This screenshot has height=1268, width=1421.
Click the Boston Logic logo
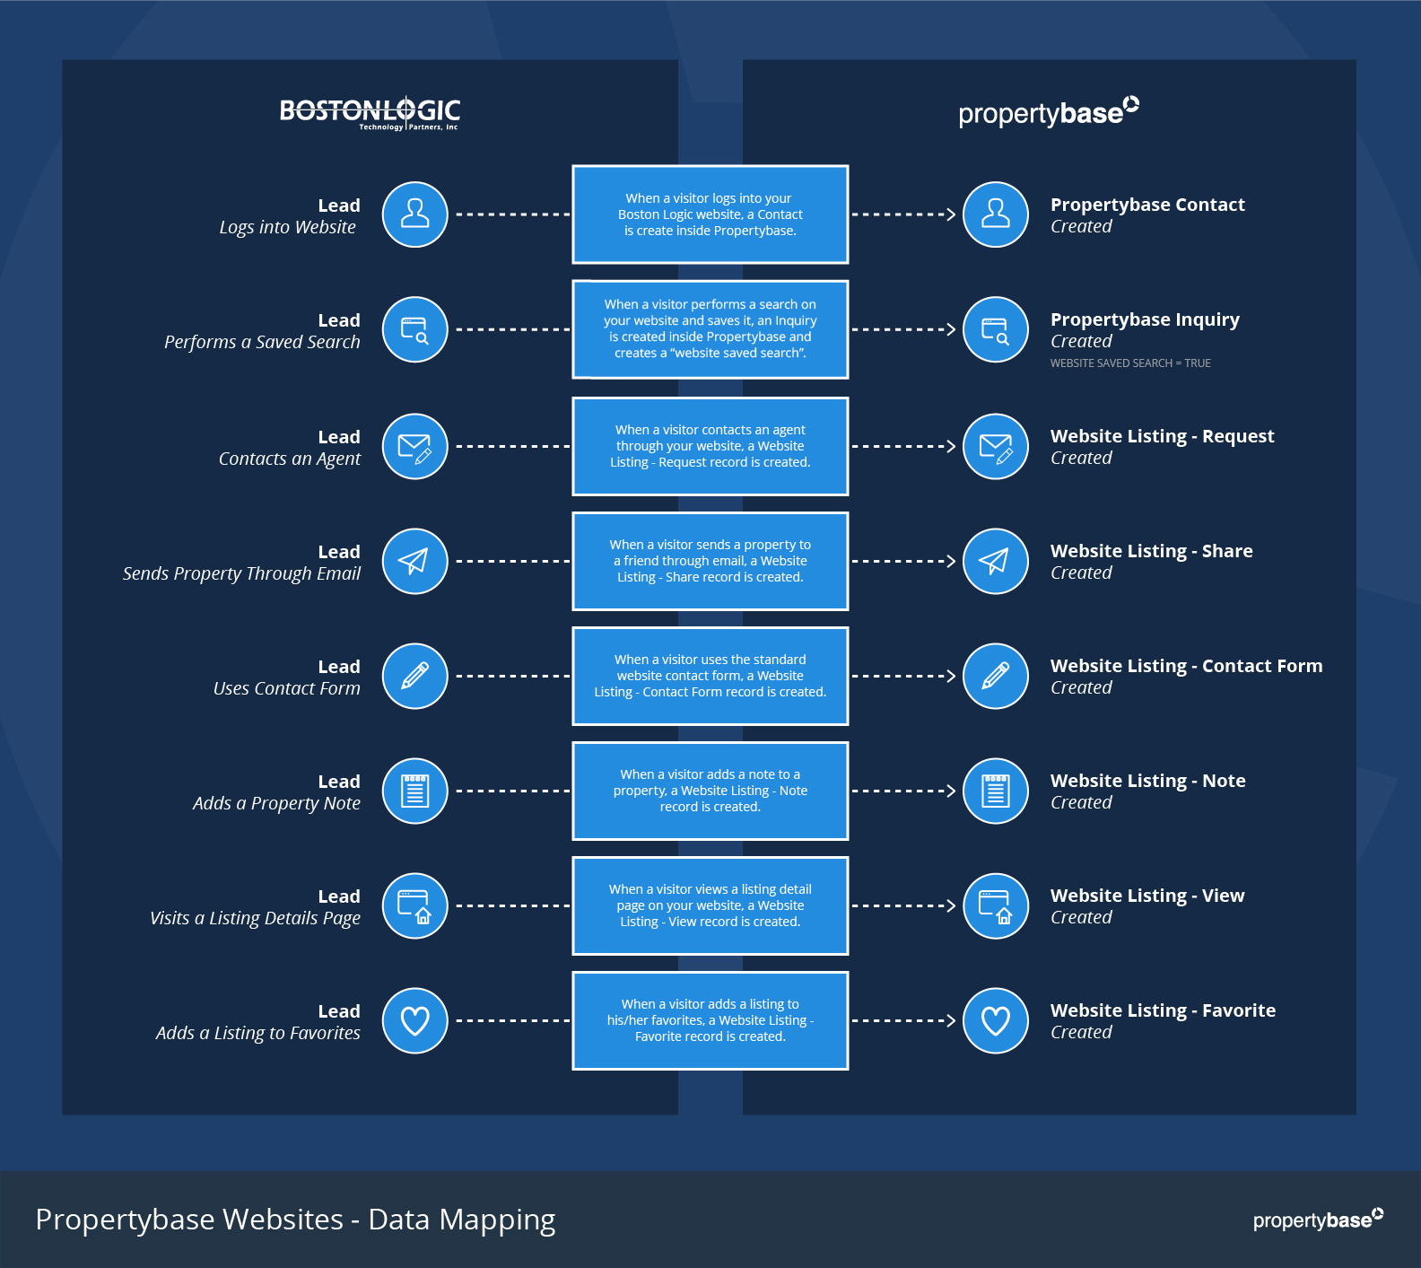click(x=370, y=112)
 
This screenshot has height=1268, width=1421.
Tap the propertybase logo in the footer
click(x=1317, y=1219)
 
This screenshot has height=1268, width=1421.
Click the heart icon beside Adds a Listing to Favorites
click(x=414, y=1020)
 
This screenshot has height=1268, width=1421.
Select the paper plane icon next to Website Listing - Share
click(x=995, y=561)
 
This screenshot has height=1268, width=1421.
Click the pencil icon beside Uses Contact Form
click(x=414, y=676)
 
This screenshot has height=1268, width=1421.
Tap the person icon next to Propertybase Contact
click(x=995, y=214)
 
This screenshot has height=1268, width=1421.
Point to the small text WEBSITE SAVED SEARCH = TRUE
click(x=1130, y=363)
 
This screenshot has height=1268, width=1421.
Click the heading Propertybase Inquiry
click(x=1145, y=319)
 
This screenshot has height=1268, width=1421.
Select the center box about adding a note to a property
click(x=710, y=791)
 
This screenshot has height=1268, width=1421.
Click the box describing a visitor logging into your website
click(x=710, y=214)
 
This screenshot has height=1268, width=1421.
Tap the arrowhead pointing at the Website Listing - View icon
click(x=951, y=905)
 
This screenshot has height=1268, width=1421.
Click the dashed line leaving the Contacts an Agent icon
click(x=511, y=446)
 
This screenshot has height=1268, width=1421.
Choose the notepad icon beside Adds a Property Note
click(x=414, y=791)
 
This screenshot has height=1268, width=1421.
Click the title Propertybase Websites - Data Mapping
click(x=295, y=1220)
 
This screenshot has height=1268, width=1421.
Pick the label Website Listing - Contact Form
click(x=1186, y=666)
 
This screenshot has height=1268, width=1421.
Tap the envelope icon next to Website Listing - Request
click(x=995, y=446)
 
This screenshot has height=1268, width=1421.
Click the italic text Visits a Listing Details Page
click(x=255, y=918)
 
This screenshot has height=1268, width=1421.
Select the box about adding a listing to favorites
click(x=710, y=1020)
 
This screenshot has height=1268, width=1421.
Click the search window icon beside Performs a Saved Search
click(x=414, y=329)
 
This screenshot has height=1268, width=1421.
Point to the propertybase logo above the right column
click(x=1048, y=112)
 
